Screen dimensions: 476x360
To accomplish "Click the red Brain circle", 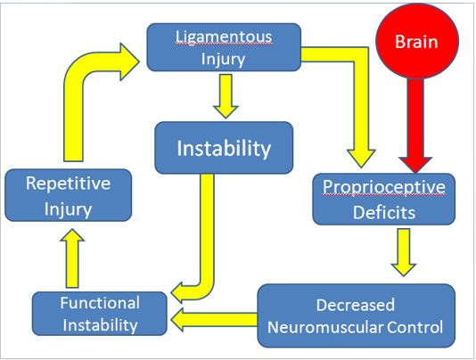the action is point(417,41).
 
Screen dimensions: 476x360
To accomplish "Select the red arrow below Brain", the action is point(415,125).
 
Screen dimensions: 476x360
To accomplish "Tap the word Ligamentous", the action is point(224,37).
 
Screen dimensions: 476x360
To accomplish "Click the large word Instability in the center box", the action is point(224,148).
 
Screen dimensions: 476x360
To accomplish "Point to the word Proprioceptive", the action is point(384,187).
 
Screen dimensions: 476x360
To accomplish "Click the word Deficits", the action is point(384,212).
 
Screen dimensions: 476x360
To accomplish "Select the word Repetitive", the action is point(69,184).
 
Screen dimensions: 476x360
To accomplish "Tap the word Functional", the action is point(100,303).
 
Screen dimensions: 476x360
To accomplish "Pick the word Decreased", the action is point(356,305).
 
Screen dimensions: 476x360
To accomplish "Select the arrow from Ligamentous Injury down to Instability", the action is point(226,96).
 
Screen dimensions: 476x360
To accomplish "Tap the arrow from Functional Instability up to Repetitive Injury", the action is point(72,258).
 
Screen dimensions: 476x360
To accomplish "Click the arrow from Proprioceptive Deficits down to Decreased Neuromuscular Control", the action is point(404,252).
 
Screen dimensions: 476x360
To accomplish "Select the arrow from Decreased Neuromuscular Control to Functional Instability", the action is point(214,320).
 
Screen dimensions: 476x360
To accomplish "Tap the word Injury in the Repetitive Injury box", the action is point(69,209).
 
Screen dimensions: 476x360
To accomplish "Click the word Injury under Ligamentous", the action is point(223,59).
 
